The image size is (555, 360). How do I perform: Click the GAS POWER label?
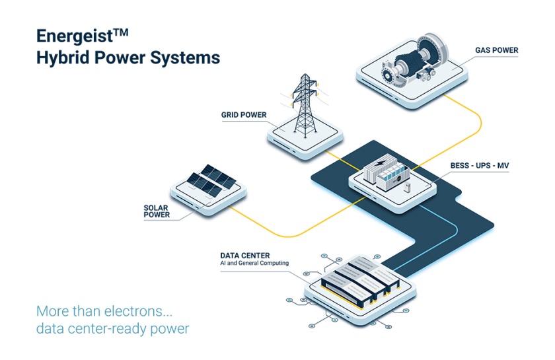point(496,50)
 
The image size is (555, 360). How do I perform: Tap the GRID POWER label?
point(244,115)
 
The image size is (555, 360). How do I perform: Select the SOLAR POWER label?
point(157,211)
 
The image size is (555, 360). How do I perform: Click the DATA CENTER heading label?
point(244,255)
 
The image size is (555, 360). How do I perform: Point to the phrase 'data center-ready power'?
point(112,328)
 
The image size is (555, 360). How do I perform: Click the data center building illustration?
point(357,280)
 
